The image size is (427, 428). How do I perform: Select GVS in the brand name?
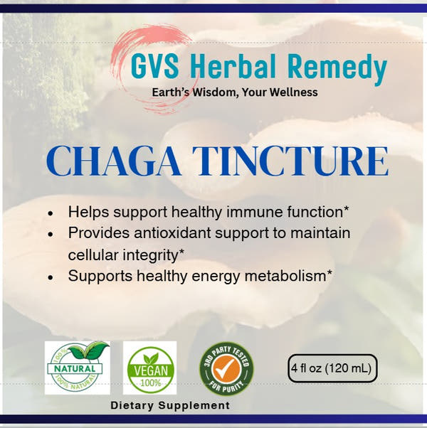point(152,68)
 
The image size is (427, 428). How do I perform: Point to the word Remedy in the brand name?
point(342,69)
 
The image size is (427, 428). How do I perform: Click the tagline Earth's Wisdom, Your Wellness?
point(235,92)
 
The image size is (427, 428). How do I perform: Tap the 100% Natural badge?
point(77,368)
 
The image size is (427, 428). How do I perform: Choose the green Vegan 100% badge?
point(149,368)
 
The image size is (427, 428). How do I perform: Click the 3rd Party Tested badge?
point(226,368)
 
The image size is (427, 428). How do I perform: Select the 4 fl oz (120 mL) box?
point(332,368)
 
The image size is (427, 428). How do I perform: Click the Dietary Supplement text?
point(170,405)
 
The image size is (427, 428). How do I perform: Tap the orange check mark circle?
point(226,368)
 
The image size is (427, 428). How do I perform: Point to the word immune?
point(245,212)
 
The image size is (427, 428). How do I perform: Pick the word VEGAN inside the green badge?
point(149,371)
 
